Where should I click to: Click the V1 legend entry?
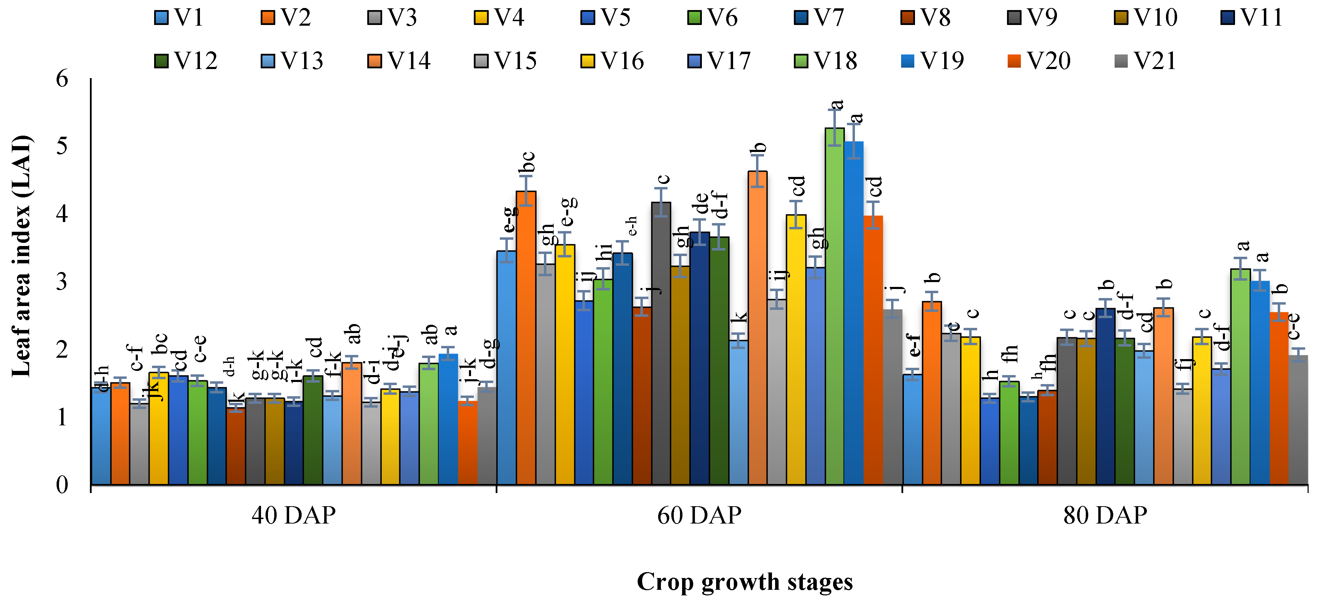point(179,18)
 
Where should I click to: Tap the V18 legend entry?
point(825,61)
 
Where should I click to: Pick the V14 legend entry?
point(399,61)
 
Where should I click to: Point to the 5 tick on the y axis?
point(62,146)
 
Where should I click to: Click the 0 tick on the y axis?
point(62,484)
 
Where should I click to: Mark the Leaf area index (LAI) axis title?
point(22,256)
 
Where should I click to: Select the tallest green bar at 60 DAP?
point(834,307)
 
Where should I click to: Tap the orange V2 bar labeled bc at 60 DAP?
point(526,338)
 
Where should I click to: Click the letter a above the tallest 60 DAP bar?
point(837,104)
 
